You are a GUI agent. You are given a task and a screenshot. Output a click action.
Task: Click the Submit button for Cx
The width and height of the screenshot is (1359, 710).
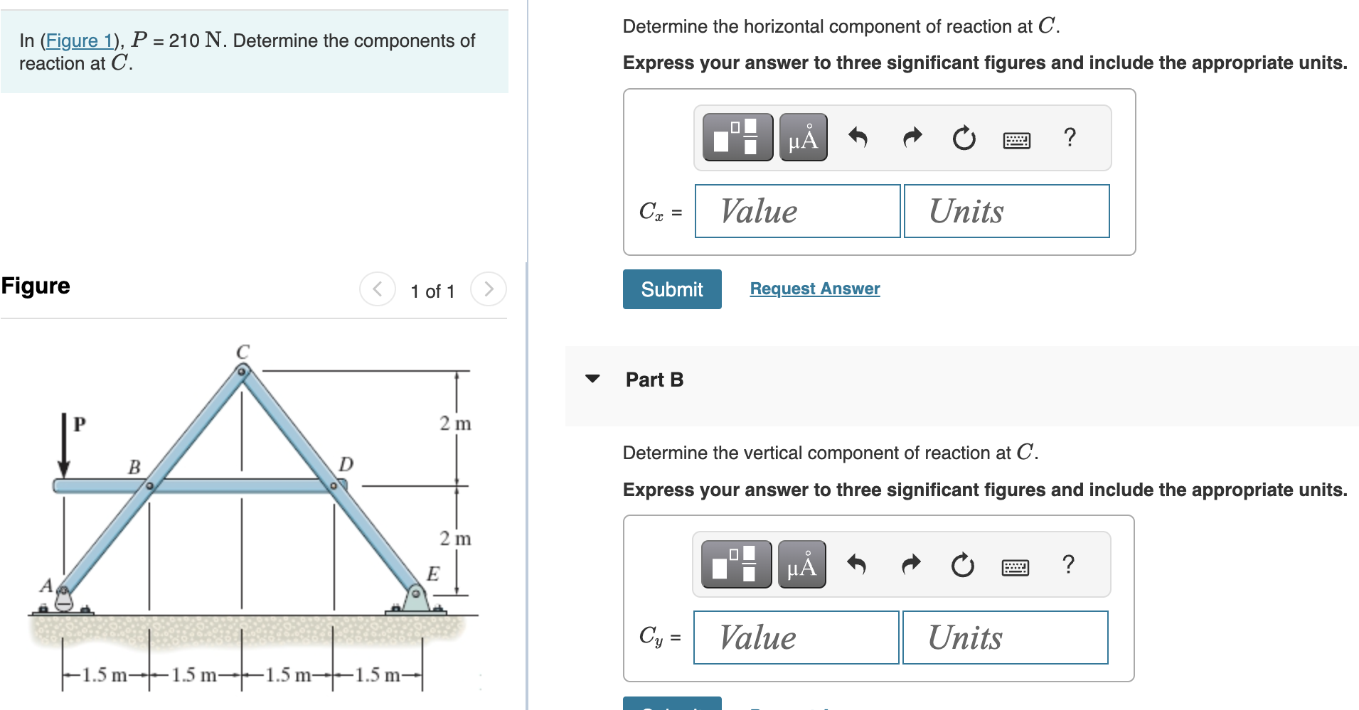[x=671, y=289]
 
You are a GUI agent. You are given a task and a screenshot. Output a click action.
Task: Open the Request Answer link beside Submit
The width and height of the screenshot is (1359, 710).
[x=814, y=289]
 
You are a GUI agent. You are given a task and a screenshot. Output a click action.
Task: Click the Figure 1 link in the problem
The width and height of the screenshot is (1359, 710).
[x=79, y=41]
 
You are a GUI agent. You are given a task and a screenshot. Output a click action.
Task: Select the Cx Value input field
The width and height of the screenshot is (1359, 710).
[x=797, y=211]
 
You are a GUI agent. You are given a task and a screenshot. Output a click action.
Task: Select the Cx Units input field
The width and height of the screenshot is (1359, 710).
[x=1006, y=211]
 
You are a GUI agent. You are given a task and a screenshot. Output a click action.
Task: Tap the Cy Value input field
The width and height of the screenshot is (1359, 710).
[x=796, y=638]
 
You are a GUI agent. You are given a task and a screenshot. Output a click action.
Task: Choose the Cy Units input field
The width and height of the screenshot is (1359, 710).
[x=1004, y=638]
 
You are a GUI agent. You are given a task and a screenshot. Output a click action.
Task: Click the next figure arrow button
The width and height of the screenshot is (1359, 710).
[x=488, y=289]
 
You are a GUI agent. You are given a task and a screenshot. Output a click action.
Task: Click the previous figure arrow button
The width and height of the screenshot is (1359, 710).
[x=377, y=289]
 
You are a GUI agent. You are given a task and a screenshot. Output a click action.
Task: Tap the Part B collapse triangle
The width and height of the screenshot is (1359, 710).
[x=592, y=379]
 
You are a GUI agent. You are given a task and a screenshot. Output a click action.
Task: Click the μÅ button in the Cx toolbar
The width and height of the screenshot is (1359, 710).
[x=803, y=137]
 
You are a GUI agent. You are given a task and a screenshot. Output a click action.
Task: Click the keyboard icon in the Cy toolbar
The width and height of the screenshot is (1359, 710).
[x=1015, y=566]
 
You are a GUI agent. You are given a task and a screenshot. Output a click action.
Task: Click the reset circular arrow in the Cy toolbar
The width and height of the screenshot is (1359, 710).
[x=962, y=566]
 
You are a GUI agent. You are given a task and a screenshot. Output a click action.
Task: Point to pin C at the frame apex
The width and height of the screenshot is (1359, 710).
[x=242, y=370]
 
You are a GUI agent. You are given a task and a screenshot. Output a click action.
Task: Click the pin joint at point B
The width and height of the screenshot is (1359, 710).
[x=149, y=486]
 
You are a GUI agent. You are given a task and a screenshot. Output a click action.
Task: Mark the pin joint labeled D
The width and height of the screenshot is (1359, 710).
[x=333, y=486]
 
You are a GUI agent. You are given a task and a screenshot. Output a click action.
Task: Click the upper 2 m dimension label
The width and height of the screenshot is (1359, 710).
[x=455, y=424]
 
